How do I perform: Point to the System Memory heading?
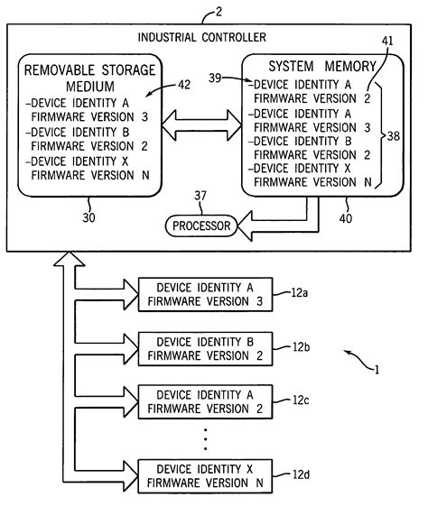pos(310,68)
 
